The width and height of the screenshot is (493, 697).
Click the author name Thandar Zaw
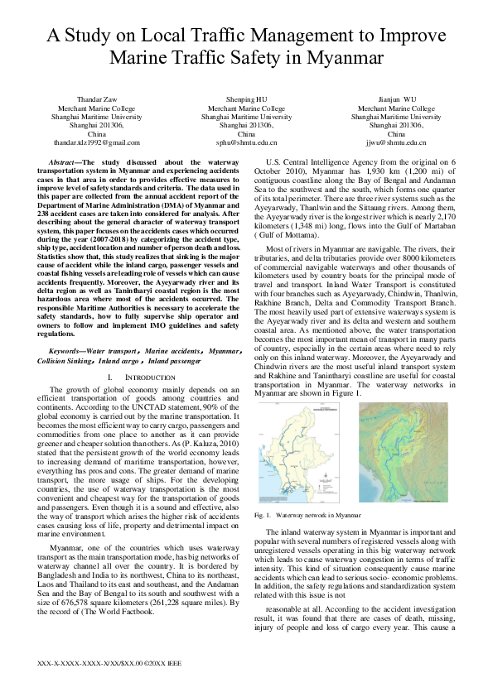click(x=97, y=98)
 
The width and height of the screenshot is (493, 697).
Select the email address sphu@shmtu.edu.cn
click(x=246, y=142)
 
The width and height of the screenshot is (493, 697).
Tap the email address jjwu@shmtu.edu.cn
click(x=396, y=142)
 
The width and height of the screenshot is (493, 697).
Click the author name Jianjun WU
click(x=396, y=98)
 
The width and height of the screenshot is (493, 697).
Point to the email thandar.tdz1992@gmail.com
click(x=97, y=142)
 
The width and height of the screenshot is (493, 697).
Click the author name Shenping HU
click(x=246, y=98)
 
